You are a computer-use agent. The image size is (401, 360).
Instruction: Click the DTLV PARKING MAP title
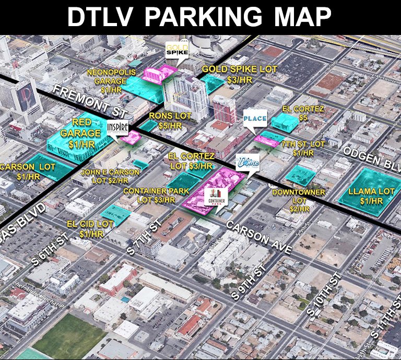[x=200, y=17]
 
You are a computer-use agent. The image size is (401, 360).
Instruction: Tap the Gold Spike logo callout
[x=176, y=51]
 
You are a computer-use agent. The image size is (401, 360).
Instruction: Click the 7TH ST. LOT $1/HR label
[x=303, y=148]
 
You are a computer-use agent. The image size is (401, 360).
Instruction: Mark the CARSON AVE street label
[x=258, y=236]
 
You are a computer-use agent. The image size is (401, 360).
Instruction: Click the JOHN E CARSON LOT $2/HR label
[x=111, y=176]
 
